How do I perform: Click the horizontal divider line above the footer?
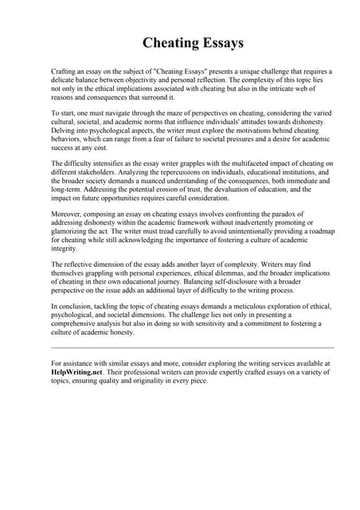point(191,347)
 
